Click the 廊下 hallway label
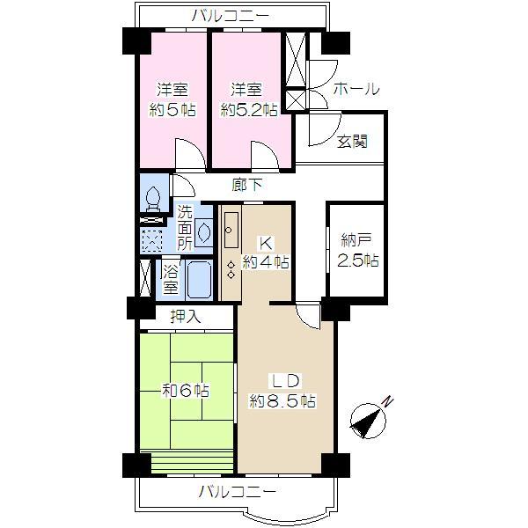(247, 185)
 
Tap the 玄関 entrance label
(352, 142)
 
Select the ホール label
(356, 89)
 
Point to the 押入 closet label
(186, 317)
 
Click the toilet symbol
(153, 200)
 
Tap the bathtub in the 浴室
(199, 280)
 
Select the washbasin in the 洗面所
(204, 232)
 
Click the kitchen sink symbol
(231, 230)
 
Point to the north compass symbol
(368, 421)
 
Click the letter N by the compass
(388, 402)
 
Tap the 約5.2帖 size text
(249, 110)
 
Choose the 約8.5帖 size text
(282, 401)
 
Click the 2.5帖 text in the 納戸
(358, 260)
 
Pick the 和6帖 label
(186, 391)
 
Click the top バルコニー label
(231, 16)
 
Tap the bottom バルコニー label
(238, 492)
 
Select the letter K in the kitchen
(266, 243)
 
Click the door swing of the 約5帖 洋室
(190, 153)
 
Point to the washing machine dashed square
(152, 240)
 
